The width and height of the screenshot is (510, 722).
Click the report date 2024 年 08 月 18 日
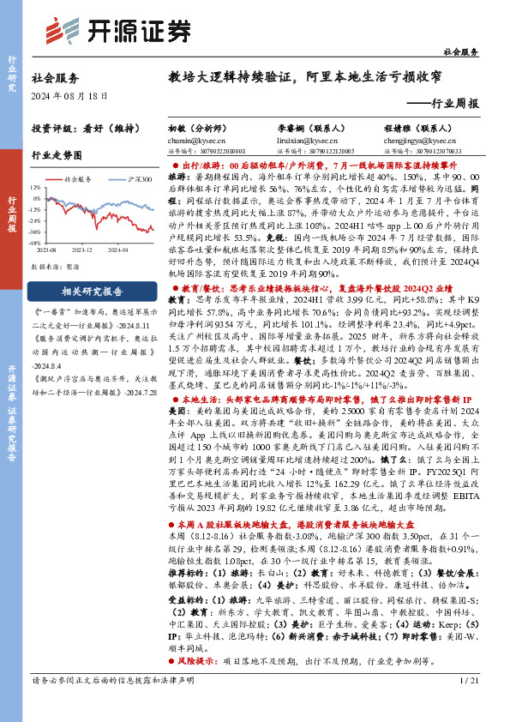click(x=68, y=96)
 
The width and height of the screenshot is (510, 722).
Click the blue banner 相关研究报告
click(x=83, y=291)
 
